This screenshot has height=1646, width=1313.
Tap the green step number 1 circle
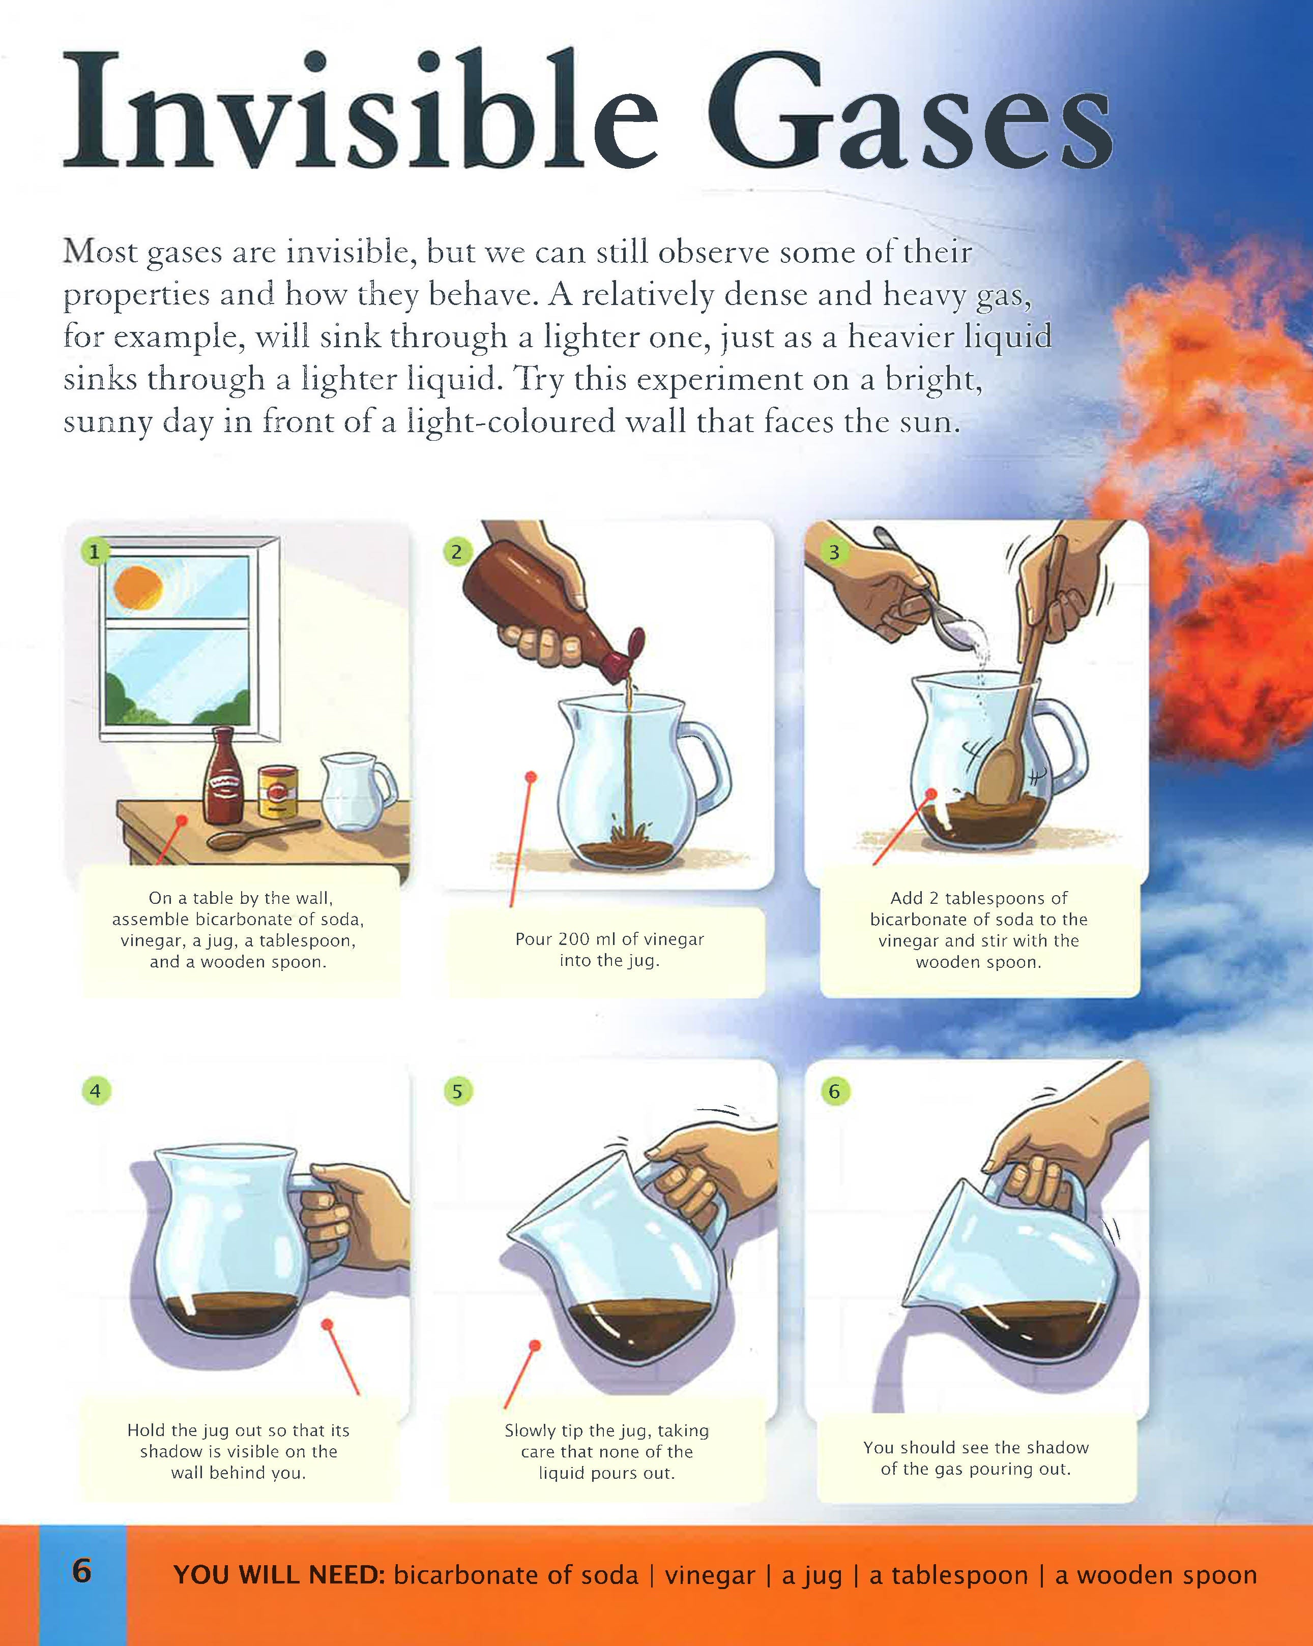point(95,551)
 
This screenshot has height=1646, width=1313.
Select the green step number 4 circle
point(96,1090)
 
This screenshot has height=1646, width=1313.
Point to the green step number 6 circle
point(834,1091)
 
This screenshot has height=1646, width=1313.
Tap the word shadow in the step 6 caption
point(1057,1447)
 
